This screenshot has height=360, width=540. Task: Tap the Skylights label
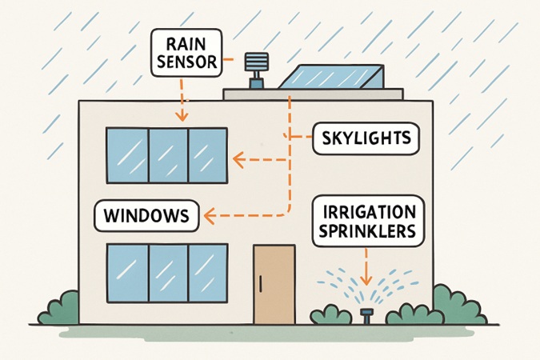(365, 139)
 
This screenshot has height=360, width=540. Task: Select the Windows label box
(146, 215)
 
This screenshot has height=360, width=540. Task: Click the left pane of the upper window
(128, 155)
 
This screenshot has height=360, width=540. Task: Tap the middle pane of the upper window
(168, 155)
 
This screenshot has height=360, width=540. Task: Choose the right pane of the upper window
(207, 155)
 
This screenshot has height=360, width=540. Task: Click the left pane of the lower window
(128, 272)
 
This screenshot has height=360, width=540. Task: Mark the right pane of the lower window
(207, 272)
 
